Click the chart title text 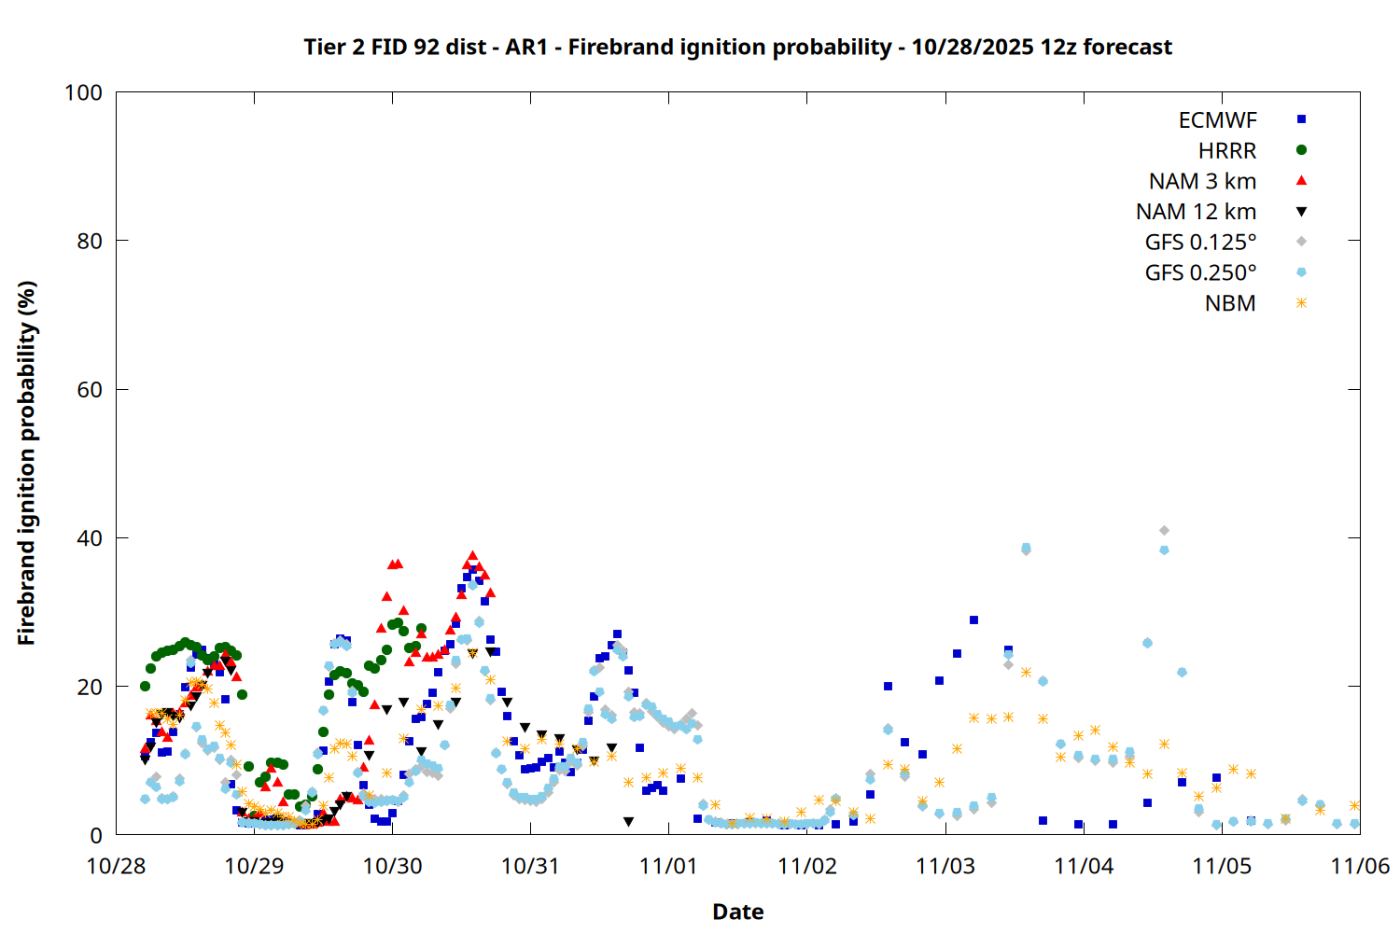click(x=737, y=47)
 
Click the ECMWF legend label click(x=1217, y=120)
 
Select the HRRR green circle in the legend click(x=1301, y=150)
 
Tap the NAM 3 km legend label click(x=1202, y=181)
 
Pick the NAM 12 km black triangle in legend click(x=1301, y=212)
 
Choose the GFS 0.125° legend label click(x=1200, y=243)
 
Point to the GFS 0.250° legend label click(x=1200, y=273)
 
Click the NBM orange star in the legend click(x=1301, y=303)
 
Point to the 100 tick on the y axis click(x=83, y=92)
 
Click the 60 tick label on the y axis click(x=90, y=390)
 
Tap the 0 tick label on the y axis click(x=96, y=835)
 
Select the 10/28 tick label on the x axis click(x=116, y=866)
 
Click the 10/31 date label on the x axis click(x=530, y=866)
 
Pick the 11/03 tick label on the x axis click(x=945, y=866)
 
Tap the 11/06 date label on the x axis click(x=1360, y=866)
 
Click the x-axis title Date click(x=737, y=912)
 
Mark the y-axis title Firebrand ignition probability click(x=26, y=463)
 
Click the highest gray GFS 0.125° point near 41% click(x=1164, y=531)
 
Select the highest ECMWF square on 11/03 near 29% click(x=973, y=620)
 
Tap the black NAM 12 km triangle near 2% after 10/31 click(x=628, y=822)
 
